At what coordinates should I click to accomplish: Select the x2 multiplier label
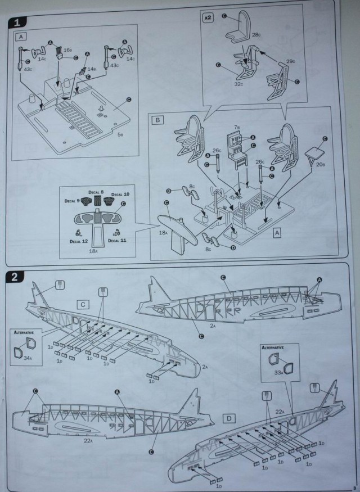(x=208, y=17)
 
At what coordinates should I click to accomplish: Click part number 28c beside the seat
(x=255, y=35)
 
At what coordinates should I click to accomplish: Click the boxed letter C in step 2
(x=83, y=304)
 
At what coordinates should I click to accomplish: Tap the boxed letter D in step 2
(x=229, y=419)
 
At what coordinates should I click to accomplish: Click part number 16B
(x=67, y=49)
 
